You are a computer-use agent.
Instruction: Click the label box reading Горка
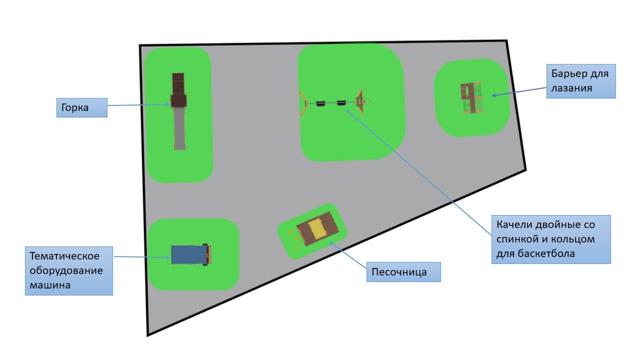tap(82, 107)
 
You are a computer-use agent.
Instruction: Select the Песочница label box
tap(403, 272)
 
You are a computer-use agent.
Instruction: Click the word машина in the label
tap(50, 285)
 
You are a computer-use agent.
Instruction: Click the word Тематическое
tap(64, 255)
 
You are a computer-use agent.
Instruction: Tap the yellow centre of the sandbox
tap(317, 229)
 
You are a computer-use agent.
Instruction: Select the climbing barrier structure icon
tap(471, 98)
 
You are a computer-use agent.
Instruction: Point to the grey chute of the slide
tap(179, 128)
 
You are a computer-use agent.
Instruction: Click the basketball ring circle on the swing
tap(367, 101)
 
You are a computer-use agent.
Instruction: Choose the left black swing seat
tap(320, 103)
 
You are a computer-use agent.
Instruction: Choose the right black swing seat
tap(341, 102)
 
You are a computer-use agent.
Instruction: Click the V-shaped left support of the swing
tap(303, 103)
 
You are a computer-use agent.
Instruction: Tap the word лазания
tap(571, 88)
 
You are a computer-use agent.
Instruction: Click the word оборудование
tap(66, 270)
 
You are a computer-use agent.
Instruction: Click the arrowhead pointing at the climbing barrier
tap(494, 95)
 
